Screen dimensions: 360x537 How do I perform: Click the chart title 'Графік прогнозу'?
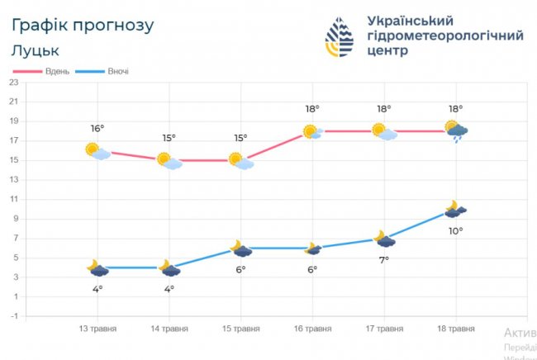tap(83, 25)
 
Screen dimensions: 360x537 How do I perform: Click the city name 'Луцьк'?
tap(36, 50)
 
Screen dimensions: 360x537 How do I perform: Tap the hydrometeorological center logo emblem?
tap(339, 37)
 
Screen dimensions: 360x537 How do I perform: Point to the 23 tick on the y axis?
tap(14, 82)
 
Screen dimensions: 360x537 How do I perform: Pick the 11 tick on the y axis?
tap(14, 199)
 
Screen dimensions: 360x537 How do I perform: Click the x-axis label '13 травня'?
tap(97, 329)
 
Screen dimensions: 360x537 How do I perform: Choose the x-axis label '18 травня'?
tap(455, 329)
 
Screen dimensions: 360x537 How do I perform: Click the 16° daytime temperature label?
tap(97, 128)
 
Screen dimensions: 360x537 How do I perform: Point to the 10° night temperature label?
tap(455, 230)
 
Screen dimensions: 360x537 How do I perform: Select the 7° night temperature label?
tap(383, 259)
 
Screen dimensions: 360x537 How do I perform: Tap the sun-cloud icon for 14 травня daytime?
tap(169, 160)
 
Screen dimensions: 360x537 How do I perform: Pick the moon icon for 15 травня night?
tap(240, 249)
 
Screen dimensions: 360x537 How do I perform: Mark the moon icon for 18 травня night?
tap(455, 209)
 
